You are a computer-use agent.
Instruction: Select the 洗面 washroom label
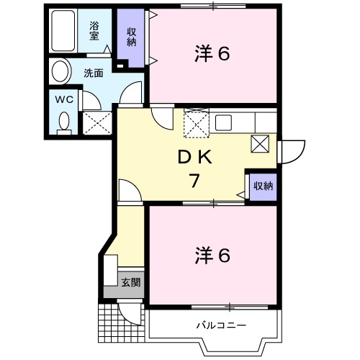(93, 73)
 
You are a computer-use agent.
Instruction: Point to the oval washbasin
(60, 72)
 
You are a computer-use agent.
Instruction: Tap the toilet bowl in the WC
(63, 120)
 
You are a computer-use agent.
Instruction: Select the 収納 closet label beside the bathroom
(132, 35)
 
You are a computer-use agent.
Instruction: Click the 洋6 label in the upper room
(212, 53)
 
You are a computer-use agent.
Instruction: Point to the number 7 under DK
(193, 181)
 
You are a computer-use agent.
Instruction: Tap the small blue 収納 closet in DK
(262, 186)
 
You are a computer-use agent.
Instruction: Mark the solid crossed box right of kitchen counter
(260, 143)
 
